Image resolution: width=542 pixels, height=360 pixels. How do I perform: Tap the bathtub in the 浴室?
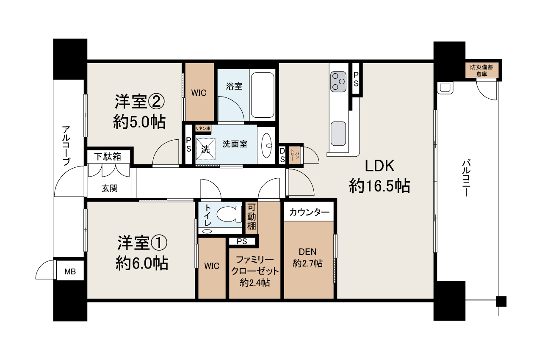[263, 95]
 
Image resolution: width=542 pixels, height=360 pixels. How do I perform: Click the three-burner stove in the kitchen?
[338, 82]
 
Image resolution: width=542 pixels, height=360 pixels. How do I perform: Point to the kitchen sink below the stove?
[338, 133]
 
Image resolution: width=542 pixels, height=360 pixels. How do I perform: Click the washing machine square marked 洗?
[205, 149]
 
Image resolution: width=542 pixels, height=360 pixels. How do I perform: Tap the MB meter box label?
[70, 271]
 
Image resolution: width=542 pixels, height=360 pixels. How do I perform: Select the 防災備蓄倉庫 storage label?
[481, 70]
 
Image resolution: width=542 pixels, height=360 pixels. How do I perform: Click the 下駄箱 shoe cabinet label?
[108, 157]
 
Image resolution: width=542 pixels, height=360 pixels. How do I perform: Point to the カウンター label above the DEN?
[309, 212]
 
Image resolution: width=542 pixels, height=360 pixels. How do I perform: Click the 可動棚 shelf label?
[252, 217]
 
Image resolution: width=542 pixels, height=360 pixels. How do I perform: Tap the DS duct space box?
[282, 155]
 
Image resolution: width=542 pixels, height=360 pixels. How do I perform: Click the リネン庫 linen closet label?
[203, 128]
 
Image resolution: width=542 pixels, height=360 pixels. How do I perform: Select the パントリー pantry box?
[294, 155]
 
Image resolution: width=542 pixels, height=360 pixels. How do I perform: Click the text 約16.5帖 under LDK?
[379, 186]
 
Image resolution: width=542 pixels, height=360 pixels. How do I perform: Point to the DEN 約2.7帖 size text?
[307, 263]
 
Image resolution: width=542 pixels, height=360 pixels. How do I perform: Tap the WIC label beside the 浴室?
[199, 93]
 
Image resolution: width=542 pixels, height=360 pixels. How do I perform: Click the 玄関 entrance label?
[109, 188]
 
